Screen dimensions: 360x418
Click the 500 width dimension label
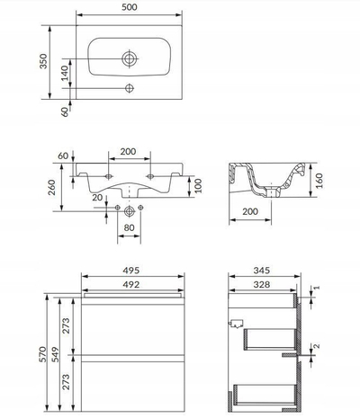(130, 7)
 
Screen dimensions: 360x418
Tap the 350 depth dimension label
(43, 61)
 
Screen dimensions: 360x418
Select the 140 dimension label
(65, 73)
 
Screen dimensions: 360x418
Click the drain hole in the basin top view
(130, 58)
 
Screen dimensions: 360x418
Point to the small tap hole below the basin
(130, 88)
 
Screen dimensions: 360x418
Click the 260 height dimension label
(52, 187)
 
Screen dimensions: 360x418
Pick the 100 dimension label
(198, 186)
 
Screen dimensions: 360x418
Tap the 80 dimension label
(129, 227)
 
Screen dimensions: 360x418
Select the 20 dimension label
(97, 198)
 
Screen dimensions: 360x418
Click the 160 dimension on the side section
(319, 181)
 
